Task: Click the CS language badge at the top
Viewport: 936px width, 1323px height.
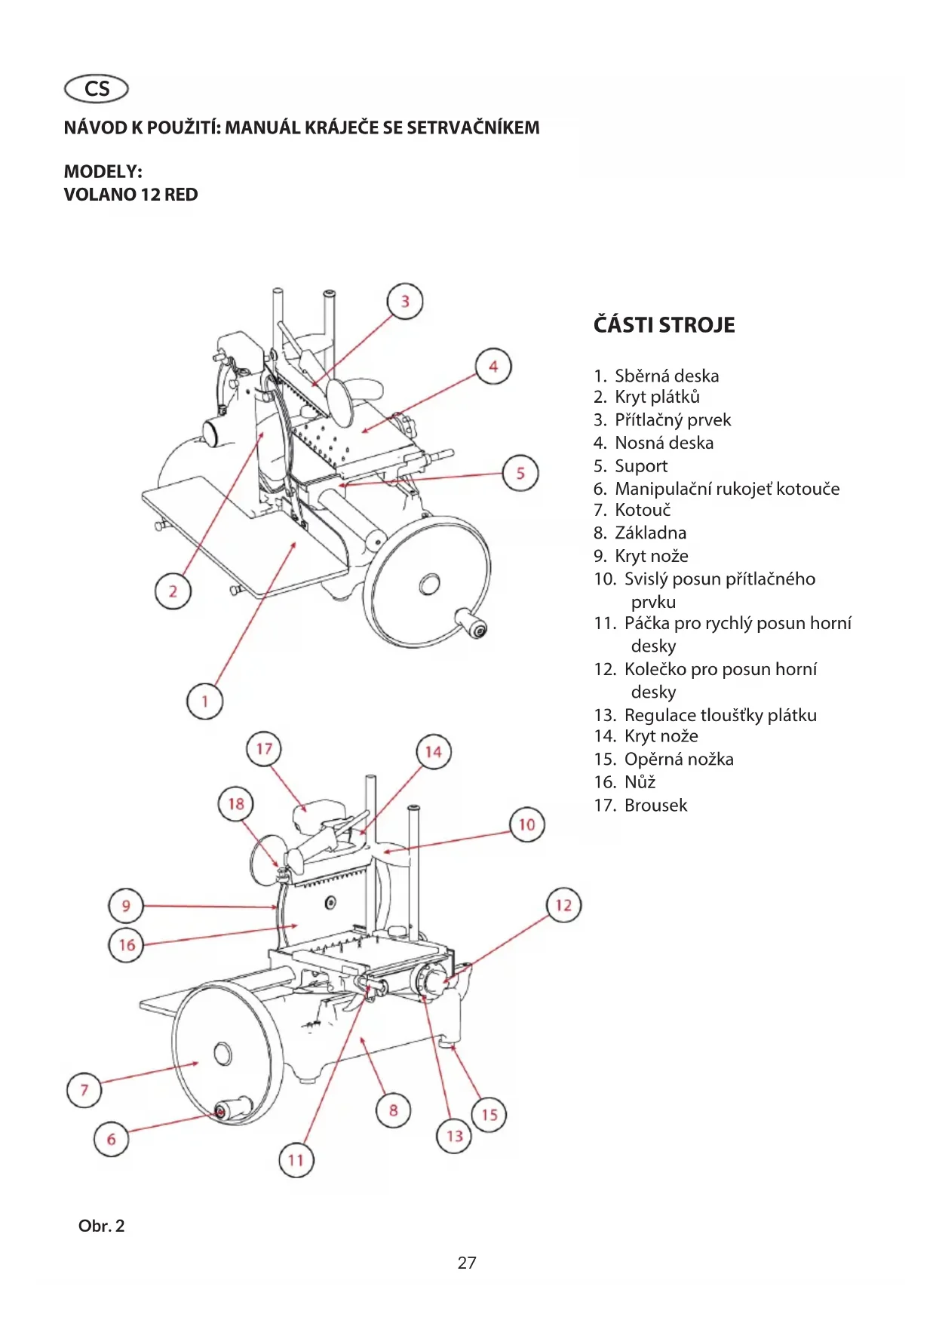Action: (97, 89)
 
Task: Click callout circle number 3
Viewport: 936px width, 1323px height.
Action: (405, 302)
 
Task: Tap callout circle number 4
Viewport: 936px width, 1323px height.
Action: (493, 367)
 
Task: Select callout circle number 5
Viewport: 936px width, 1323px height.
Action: (520, 474)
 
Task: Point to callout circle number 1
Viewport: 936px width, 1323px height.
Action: (204, 701)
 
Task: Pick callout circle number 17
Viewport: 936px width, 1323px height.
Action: (264, 749)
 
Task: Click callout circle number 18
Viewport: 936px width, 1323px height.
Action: (236, 804)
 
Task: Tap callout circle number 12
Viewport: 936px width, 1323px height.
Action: (563, 905)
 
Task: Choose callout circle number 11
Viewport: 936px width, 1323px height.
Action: (296, 1160)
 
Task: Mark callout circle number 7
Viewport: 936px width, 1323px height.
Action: (84, 1090)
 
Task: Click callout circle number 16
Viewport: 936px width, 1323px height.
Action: (127, 945)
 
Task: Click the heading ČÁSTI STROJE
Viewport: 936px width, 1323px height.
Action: (664, 325)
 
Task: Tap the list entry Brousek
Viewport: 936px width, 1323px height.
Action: (640, 806)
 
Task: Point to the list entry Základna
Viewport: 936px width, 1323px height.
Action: (640, 533)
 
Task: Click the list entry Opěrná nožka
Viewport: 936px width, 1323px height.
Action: (664, 760)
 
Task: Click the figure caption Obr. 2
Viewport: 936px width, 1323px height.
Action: (101, 1226)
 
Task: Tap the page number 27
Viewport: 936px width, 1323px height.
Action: (467, 1263)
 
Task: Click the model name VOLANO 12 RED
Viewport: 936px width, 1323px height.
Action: (130, 195)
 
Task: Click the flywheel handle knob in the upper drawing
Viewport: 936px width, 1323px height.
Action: (471, 624)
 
